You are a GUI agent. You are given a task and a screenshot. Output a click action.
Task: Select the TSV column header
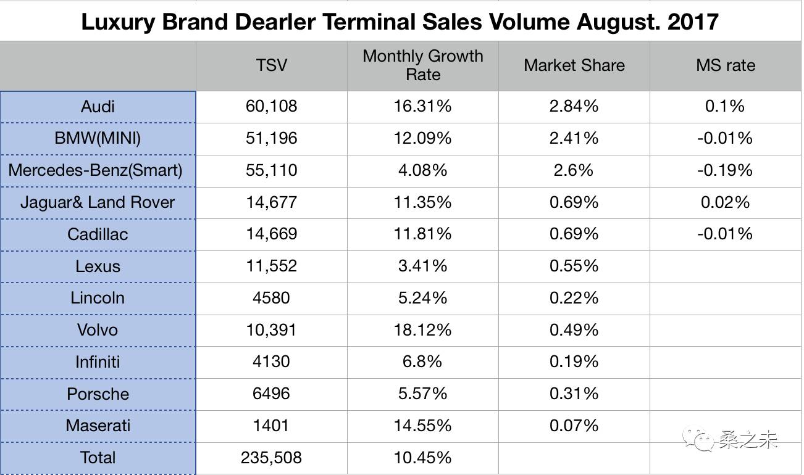272,65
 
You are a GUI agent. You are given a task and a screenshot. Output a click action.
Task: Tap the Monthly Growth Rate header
423,65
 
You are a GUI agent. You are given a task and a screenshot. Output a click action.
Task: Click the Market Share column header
574,65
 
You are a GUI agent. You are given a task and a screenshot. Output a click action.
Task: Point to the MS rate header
726,65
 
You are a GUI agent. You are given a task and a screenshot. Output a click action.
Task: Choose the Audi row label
98,107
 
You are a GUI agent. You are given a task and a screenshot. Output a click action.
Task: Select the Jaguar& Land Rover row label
98,202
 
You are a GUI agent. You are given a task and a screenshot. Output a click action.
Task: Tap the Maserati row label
98,426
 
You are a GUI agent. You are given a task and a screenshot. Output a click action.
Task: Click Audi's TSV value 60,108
272,107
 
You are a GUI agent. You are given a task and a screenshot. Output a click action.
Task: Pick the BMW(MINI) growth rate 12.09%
423,138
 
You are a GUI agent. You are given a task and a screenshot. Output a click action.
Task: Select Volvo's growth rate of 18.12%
423,330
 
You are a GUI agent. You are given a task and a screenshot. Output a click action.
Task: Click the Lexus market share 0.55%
574,266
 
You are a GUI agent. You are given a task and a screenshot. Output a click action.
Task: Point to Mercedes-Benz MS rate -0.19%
726,170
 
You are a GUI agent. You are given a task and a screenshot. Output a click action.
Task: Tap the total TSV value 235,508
272,458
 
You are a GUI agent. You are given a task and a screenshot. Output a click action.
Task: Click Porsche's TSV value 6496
272,394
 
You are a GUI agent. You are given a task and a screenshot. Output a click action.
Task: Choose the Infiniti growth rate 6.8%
423,361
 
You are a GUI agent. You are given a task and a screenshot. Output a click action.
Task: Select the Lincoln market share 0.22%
574,298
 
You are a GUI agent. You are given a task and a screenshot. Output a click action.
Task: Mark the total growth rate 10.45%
423,458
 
